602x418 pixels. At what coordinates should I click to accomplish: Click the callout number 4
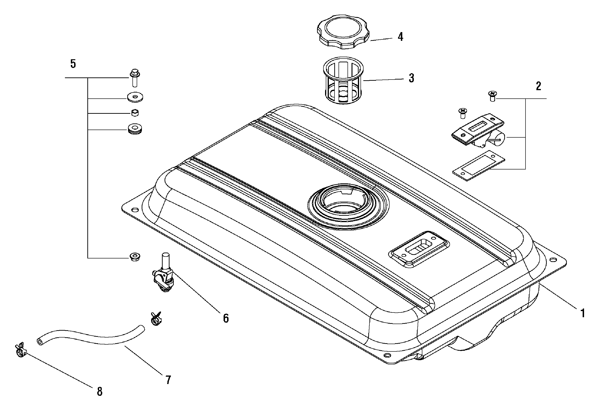coord(400,37)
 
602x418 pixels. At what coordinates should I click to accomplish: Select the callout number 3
coord(411,78)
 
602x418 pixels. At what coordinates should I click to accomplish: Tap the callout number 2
coord(538,86)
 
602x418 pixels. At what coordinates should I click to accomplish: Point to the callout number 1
coord(583,313)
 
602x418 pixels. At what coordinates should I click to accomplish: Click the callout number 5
coord(73,64)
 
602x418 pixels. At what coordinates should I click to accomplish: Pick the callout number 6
coord(226,318)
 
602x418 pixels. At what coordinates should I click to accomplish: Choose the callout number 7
coord(168,380)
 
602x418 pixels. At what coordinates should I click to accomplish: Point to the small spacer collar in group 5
coord(135,113)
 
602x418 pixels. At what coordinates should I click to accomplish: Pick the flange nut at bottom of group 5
coord(135,257)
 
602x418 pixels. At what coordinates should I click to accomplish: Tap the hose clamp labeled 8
coord(21,351)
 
